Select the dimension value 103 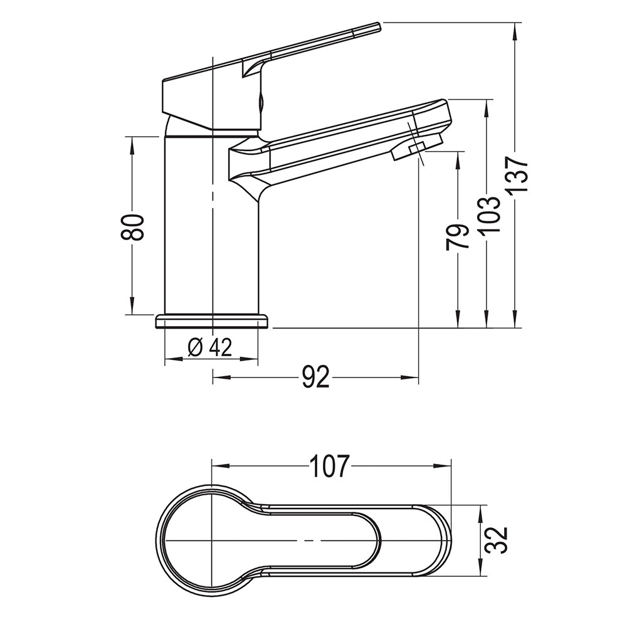point(491,214)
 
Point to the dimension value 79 point(456,237)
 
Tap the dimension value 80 point(132,227)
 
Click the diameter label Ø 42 point(209,347)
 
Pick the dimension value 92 point(316,377)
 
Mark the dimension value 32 point(497,540)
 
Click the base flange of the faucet point(212,321)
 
